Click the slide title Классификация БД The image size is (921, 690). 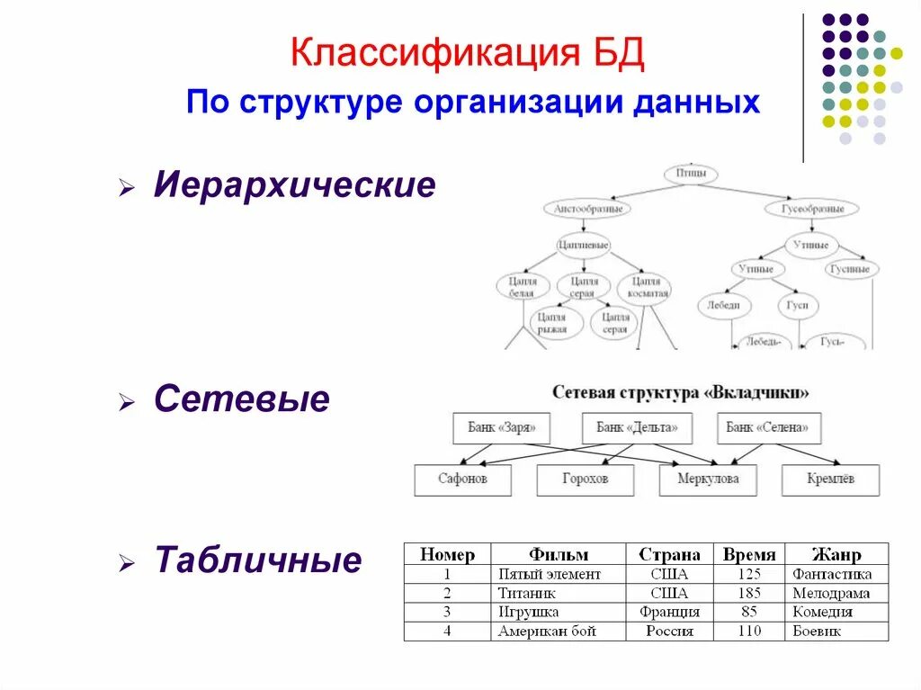[468, 54]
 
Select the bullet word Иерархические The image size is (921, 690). [294, 186]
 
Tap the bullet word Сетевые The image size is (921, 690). [241, 399]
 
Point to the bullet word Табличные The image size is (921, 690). [258, 560]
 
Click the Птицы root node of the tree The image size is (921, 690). [690, 174]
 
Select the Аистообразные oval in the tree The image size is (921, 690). [587, 209]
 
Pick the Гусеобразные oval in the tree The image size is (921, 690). [810, 209]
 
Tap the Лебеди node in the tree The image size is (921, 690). [723, 306]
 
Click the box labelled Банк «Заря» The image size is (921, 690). [501, 428]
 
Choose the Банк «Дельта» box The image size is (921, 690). [637, 428]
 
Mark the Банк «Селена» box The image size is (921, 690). [768, 428]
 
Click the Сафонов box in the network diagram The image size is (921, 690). [462, 479]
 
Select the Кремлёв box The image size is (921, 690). [830, 479]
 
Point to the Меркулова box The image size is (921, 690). [707, 479]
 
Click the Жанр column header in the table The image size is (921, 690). [836, 554]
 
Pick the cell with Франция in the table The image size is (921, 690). [669, 613]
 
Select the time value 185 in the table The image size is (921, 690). [748, 594]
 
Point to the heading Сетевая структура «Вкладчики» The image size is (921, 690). [680, 393]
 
